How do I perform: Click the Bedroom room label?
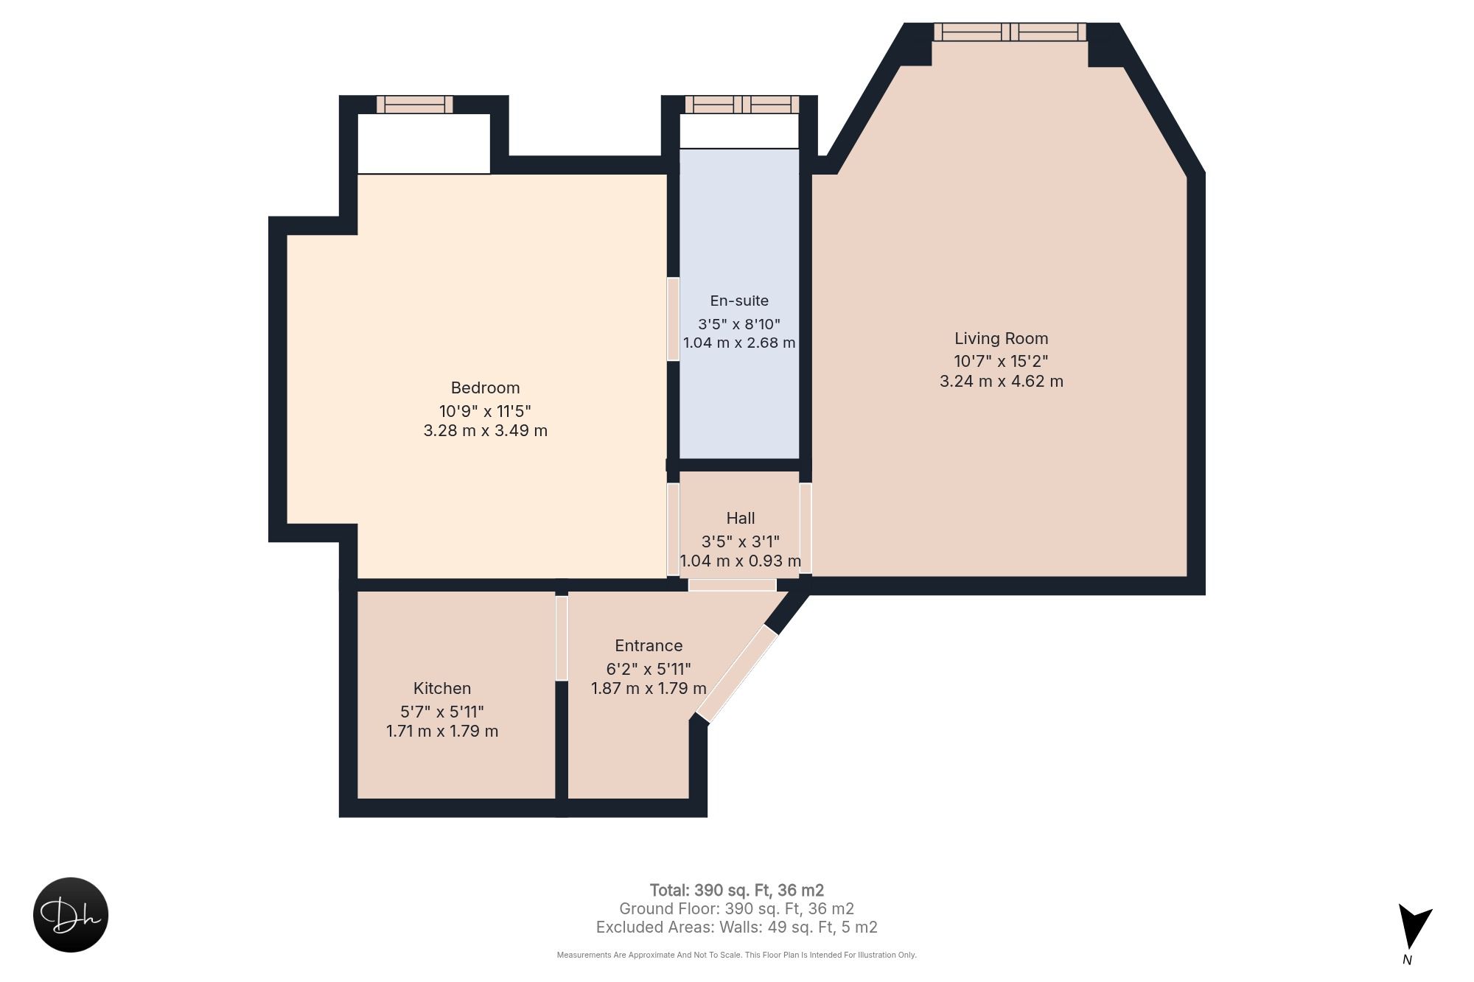point(485,388)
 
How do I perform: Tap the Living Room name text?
point(1001,339)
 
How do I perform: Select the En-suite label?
point(739,301)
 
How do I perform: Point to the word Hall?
point(741,519)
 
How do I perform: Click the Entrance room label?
point(649,646)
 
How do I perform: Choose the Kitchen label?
point(442,689)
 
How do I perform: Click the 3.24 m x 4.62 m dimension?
point(1001,382)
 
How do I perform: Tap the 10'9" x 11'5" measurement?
point(485,411)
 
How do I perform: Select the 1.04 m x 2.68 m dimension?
point(739,343)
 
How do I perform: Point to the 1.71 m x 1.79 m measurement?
point(442,732)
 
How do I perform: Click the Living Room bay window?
point(1010,32)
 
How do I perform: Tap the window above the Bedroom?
point(415,105)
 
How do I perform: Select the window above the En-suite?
point(742,105)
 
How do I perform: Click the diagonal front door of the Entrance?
point(737,674)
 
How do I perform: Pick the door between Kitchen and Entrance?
point(562,638)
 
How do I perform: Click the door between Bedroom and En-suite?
point(673,319)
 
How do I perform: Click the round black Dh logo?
point(71,915)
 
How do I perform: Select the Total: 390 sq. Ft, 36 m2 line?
point(737,891)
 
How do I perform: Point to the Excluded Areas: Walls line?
point(737,927)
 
